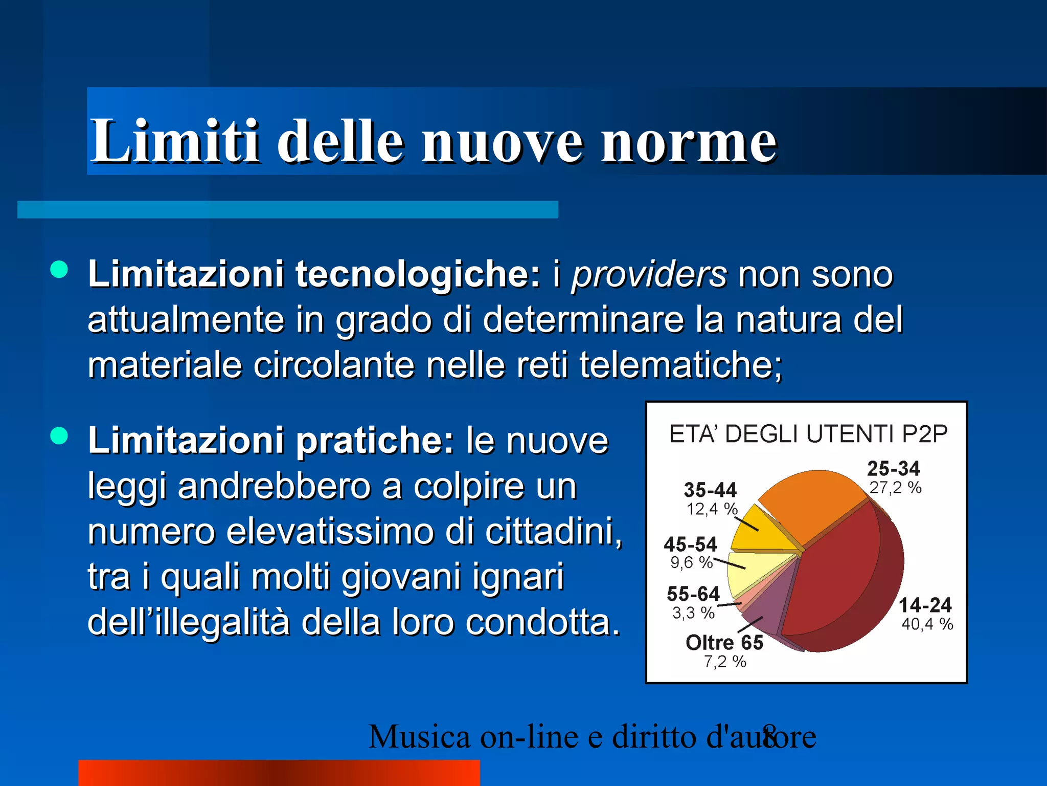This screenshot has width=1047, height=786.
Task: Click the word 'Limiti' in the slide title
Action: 174,140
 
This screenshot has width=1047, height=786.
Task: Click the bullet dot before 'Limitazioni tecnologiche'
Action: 59,270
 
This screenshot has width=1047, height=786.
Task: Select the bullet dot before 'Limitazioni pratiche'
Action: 59,436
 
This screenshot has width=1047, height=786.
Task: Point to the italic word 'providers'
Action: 648,275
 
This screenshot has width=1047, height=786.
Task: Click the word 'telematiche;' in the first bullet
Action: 680,365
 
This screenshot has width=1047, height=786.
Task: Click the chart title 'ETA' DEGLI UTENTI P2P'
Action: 808,434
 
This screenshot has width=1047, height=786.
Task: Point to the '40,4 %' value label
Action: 927,624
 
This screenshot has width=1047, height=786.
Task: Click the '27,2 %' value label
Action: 895,488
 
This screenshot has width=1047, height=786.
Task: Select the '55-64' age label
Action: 693,594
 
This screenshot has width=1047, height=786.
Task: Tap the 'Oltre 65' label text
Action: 724,643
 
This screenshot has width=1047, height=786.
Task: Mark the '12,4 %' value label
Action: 712,509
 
